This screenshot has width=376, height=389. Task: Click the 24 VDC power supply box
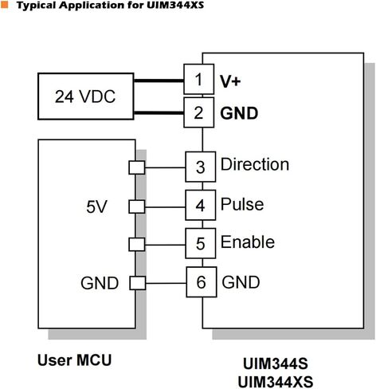(86, 96)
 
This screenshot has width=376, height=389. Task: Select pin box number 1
(199, 79)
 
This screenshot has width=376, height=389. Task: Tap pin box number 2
(199, 112)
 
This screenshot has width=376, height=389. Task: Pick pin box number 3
(201, 167)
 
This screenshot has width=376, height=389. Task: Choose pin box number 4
(201, 205)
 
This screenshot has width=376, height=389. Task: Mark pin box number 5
(201, 243)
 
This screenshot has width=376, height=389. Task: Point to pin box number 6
(202, 282)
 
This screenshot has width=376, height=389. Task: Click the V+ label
(230, 81)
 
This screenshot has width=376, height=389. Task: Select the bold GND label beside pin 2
(239, 113)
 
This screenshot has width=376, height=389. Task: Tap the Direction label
(255, 164)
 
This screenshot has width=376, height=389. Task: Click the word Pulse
(242, 204)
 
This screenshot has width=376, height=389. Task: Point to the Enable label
(248, 242)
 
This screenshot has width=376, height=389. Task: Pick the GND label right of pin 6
(241, 282)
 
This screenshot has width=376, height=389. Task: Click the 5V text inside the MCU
(96, 206)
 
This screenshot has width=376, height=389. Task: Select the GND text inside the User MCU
(100, 283)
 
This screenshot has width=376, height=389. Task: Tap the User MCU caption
(74, 360)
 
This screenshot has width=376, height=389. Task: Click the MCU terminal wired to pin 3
(137, 167)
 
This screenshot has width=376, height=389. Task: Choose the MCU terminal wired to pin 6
(138, 283)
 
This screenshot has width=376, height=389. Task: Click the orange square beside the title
(5, 5)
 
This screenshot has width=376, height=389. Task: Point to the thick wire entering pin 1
(159, 81)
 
